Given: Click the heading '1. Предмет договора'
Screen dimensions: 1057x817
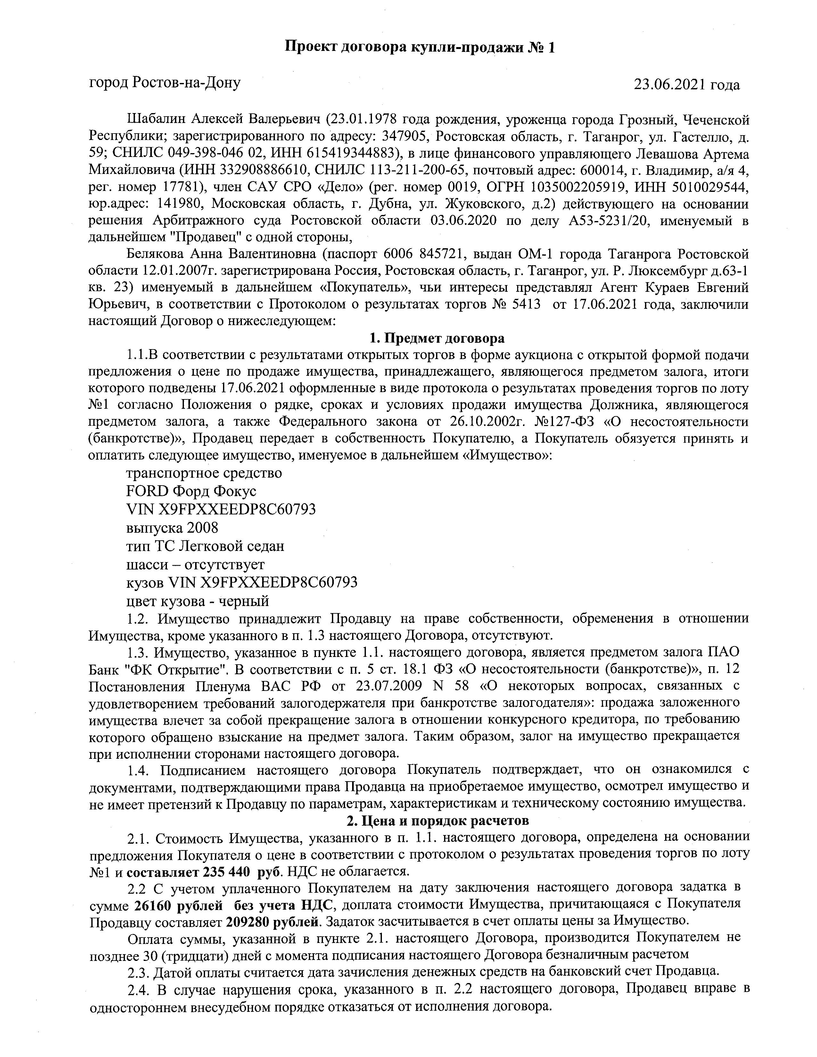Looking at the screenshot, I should pyautogui.click(x=437, y=338).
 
